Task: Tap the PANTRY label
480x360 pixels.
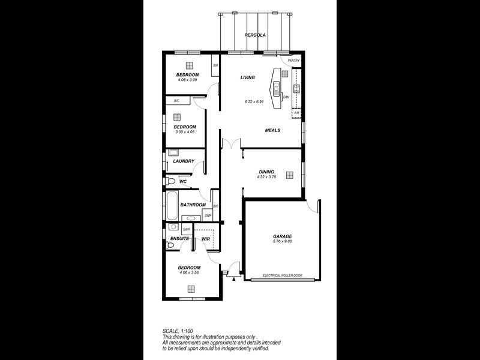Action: (x=294, y=61)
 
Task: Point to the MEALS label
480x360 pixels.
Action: (x=273, y=130)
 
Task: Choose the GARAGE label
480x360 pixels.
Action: (x=282, y=236)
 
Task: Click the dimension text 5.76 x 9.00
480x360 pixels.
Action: (x=282, y=242)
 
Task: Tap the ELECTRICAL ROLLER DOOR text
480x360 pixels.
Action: (x=282, y=277)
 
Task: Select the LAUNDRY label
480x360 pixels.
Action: (x=184, y=161)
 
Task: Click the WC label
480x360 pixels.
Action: (x=183, y=181)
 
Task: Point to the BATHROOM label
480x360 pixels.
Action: (x=193, y=205)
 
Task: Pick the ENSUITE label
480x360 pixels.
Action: (x=179, y=239)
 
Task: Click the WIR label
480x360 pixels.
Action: (x=205, y=239)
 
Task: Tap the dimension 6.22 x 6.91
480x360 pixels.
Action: (x=255, y=101)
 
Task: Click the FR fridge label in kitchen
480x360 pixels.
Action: (x=296, y=113)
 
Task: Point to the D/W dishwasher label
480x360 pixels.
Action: (x=286, y=97)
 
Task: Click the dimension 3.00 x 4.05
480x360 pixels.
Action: (x=185, y=132)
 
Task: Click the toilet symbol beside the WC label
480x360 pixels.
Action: (x=170, y=181)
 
